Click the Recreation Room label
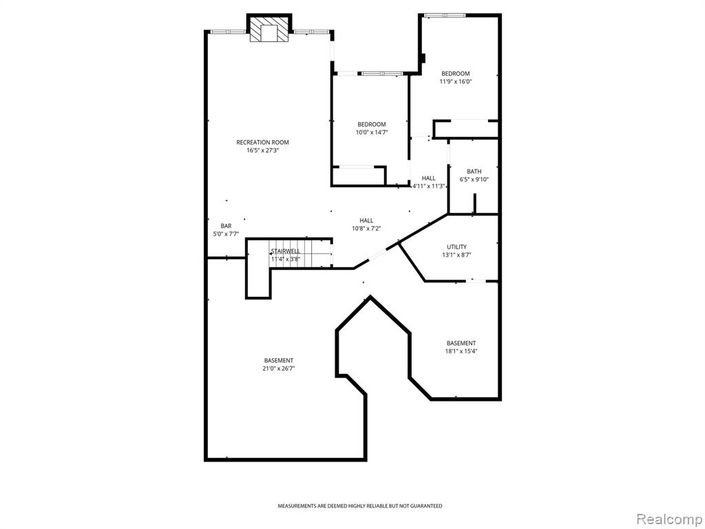tap(262, 143)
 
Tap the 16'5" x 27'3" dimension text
tap(262, 151)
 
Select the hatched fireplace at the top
tap(269, 30)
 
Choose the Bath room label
tap(474, 172)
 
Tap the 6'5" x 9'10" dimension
tap(474, 180)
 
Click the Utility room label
tap(457, 247)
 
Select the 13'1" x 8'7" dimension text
tap(457, 255)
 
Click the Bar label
tap(226, 226)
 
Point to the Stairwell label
tap(285, 251)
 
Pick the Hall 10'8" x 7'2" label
tap(366, 225)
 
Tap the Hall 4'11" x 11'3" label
tap(429, 182)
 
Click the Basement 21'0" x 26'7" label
tap(279, 364)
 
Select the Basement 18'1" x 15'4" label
tap(461, 347)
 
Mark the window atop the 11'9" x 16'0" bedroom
tap(445, 16)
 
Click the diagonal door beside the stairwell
tap(377, 255)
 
